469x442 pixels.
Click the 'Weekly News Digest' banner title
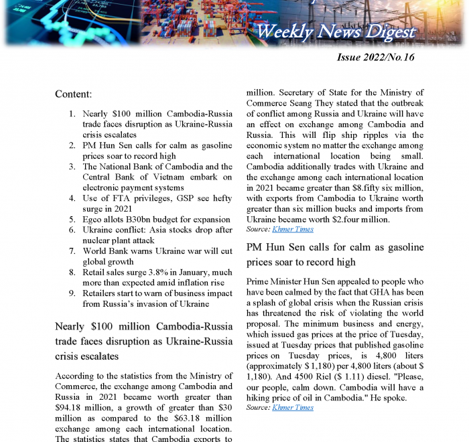click(x=336, y=31)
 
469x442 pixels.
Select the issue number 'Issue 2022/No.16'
click(x=375, y=58)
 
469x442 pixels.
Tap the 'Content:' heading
click(x=74, y=94)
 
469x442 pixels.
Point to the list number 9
click(x=72, y=293)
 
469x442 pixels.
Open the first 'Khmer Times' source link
click(x=293, y=229)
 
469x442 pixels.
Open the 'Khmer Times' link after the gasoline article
click(x=293, y=407)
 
